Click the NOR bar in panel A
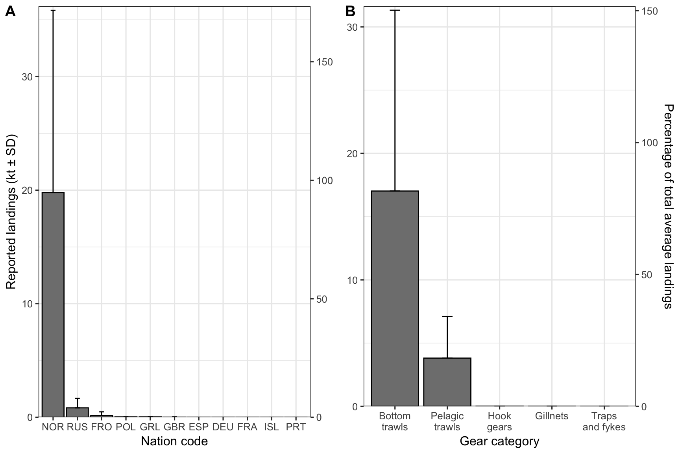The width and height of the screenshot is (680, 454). pyautogui.click(x=53, y=304)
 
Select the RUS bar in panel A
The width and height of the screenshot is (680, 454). pyautogui.click(x=77, y=412)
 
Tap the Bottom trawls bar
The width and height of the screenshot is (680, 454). pyautogui.click(x=395, y=298)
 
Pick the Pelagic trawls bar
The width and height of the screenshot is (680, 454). pyautogui.click(x=447, y=382)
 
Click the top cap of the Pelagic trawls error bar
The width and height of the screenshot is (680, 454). pyautogui.click(x=447, y=316)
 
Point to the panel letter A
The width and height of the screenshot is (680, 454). pyautogui.click(x=11, y=12)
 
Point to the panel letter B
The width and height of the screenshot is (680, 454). pyautogui.click(x=350, y=12)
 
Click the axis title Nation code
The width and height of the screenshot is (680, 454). pyautogui.click(x=174, y=441)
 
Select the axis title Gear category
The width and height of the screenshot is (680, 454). pyautogui.click(x=499, y=441)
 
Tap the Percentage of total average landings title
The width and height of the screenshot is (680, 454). pyautogui.click(x=668, y=207)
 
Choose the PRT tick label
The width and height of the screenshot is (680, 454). pyautogui.click(x=296, y=427)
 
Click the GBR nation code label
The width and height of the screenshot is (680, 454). pyautogui.click(x=174, y=427)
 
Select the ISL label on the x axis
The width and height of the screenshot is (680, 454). pyautogui.click(x=272, y=427)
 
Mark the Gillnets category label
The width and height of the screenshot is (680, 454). pyautogui.click(x=552, y=416)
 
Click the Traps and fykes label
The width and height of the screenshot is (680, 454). pyautogui.click(x=604, y=422)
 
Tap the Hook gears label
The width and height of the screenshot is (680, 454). pyautogui.click(x=499, y=422)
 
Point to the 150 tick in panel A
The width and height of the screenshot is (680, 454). pyautogui.click(x=325, y=62)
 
